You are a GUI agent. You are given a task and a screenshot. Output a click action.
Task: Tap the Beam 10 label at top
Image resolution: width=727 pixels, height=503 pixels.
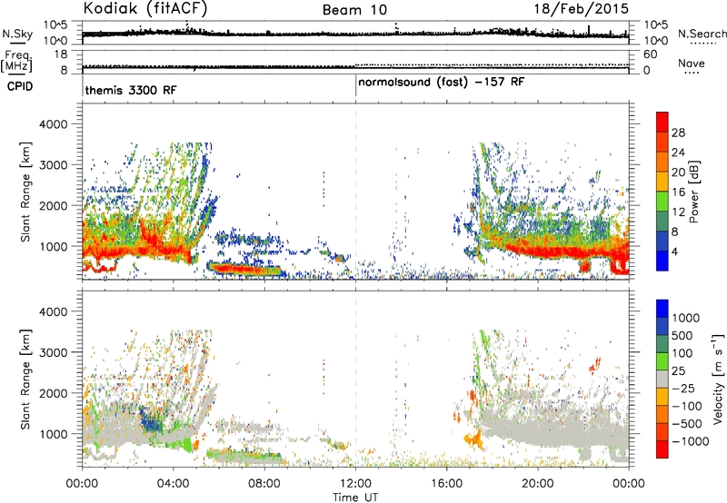[354, 10]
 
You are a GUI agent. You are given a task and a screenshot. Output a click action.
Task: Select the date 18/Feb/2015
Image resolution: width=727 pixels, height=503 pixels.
[582, 8]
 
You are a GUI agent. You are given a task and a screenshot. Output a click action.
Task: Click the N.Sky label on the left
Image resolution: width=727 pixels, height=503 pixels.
[17, 34]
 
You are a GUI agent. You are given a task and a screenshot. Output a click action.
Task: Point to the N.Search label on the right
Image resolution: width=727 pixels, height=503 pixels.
[702, 34]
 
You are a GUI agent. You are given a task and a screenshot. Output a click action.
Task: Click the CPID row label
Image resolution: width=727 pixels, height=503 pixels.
[20, 86]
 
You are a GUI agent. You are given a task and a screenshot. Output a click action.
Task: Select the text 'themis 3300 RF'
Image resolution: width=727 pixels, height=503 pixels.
[131, 90]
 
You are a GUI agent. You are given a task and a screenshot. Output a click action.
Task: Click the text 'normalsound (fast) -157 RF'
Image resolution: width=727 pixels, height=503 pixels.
[442, 83]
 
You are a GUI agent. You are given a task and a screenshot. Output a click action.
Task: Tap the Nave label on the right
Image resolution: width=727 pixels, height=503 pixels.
[692, 63]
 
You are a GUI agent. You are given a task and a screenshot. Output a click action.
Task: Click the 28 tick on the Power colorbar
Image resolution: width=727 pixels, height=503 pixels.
[678, 133]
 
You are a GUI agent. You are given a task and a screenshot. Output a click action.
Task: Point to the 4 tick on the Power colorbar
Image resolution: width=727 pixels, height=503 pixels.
[675, 252]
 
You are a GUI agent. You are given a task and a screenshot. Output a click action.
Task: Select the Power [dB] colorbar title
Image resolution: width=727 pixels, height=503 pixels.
[693, 192]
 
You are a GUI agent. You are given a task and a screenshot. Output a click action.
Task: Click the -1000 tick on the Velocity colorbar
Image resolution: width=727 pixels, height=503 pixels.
[691, 441]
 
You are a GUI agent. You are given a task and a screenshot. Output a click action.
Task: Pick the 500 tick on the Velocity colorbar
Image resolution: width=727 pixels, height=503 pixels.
[682, 336]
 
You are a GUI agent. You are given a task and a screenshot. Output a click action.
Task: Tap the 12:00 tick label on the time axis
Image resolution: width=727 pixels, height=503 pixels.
[355, 484]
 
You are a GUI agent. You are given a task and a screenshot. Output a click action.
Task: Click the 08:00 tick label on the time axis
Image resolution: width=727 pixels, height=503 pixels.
[264, 484]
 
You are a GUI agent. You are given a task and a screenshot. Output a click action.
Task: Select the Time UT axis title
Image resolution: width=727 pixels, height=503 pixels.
[355, 498]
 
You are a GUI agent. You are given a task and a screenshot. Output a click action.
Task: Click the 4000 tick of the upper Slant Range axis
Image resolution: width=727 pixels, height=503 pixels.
[54, 124]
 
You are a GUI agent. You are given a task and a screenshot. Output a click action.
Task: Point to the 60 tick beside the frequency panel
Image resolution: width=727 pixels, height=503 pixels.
[650, 54]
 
